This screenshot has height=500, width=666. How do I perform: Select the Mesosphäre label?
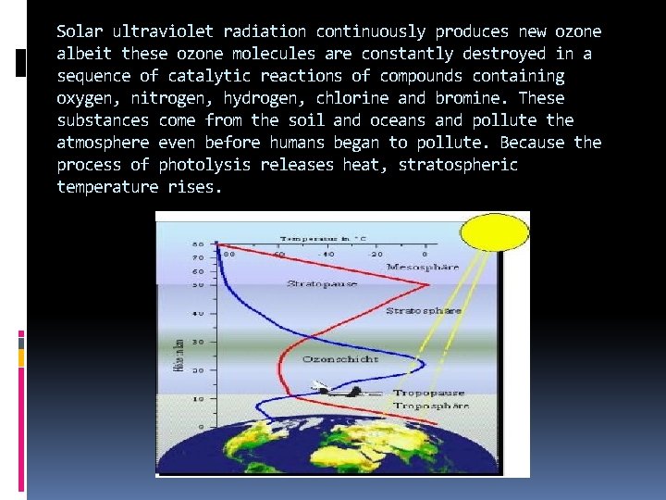click(423, 267)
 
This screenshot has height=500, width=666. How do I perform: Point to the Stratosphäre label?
click(423, 311)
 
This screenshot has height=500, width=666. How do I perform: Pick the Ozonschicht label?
click(340, 358)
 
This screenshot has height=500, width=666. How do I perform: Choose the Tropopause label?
click(431, 393)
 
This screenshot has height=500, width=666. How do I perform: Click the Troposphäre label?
click(431, 406)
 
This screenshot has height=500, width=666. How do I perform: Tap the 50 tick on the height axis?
click(198, 285)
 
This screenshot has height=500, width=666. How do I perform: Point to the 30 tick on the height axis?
click(198, 342)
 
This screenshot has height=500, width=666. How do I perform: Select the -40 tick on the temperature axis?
click(327, 253)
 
